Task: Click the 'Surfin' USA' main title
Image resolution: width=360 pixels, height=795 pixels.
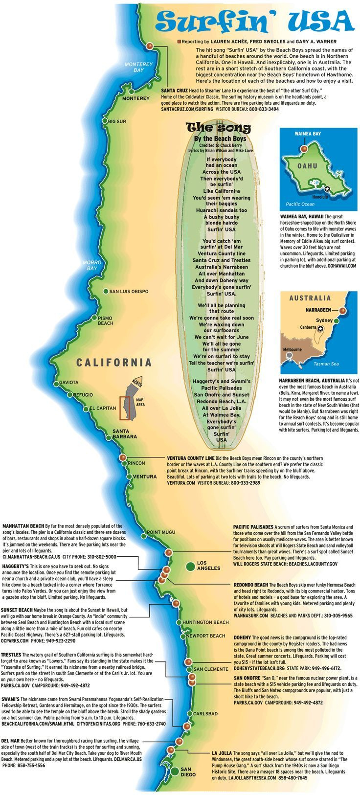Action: point(256,22)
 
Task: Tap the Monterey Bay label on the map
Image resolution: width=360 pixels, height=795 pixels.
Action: point(135,67)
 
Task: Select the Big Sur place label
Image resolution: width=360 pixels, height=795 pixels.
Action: point(117,121)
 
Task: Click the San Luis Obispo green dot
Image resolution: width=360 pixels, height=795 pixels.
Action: point(106,291)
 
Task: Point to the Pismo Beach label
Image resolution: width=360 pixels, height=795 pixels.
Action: point(105,320)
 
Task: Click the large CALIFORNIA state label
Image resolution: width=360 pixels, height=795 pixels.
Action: point(113,363)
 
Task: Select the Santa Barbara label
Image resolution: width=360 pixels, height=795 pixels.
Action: point(125,433)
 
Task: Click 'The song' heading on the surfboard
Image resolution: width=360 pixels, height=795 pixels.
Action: point(219,128)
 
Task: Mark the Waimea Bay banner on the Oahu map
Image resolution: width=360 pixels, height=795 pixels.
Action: point(308,133)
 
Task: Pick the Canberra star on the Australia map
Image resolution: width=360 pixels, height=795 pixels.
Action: point(320,329)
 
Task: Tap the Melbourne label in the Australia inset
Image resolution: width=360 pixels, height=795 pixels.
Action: point(292,349)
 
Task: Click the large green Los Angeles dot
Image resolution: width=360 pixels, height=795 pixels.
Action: point(190,566)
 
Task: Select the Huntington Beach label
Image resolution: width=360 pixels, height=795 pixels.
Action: point(205,622)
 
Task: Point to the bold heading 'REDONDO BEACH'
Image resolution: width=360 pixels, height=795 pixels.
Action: point(250,585)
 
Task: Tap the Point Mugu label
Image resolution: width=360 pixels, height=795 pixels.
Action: point(161,532)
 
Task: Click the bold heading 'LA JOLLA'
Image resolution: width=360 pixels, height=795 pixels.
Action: point(221,753)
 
